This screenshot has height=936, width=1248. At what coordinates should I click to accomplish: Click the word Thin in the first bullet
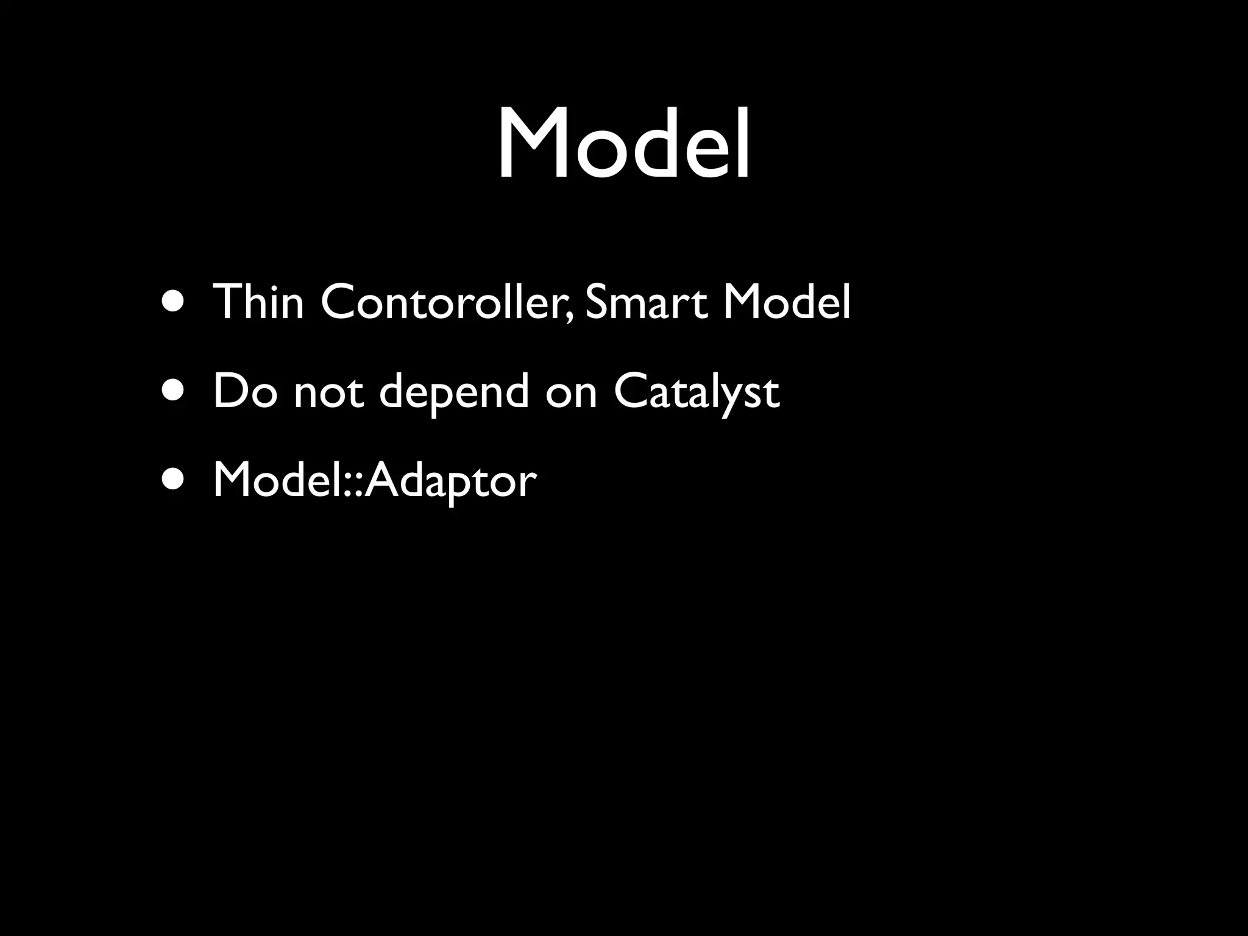tap(258, 301)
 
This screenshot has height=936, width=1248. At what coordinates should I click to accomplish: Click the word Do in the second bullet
tap(244, 391)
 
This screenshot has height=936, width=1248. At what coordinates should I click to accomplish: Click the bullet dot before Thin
tap(173, 302)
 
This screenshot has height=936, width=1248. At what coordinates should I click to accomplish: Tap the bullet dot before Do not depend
tap(173, 392)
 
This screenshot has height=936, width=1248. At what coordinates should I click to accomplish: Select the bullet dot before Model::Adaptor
tap(173, 481)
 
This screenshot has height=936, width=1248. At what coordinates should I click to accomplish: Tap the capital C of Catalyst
tap(632, 391)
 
